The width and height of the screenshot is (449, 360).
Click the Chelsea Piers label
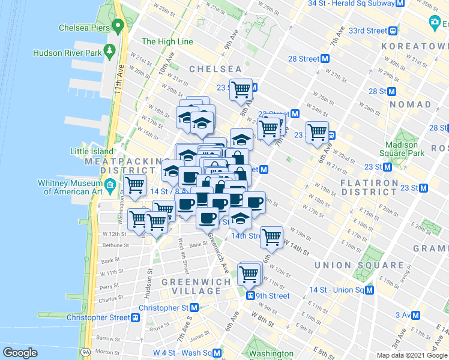pyautogui.click(x=84, y=28)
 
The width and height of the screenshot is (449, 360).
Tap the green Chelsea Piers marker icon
pyautogui.click(x=118, y=26)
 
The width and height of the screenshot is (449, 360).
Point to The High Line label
pyautogui.click(x=167, y=41)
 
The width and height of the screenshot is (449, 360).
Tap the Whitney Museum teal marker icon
pyautogui.click(x=110, y=186)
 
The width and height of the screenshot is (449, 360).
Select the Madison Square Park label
pyautogui.click(x=402, y=149)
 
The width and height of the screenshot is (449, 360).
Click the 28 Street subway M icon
pyautogui.click(x=325, y=59)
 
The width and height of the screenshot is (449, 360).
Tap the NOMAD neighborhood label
pyautogui.click(x=410, y=104)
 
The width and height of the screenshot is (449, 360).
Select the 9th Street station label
pyautogui.click(x=273, y=296)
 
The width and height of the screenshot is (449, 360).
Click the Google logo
pyautogui.click(x=20, y=352)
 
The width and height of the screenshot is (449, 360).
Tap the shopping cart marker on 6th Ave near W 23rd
pyautogui.click(x=317, y=131)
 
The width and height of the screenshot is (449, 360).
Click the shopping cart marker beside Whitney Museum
pyautogui.click(x=134, y=185)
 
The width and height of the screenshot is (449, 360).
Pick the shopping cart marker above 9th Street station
pyautogui.click(x=249, y=274)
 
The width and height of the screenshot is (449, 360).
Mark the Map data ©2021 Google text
pyautogui.click(x=411, y=355)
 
